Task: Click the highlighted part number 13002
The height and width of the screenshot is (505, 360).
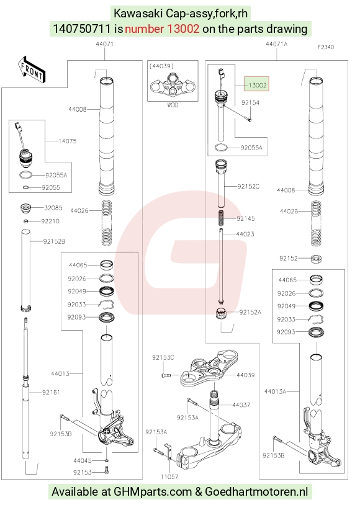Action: coord(257,85)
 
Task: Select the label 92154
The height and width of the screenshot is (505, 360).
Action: coord(250,102)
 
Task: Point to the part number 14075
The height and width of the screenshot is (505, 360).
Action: coord(68,141)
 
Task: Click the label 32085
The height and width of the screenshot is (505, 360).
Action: coord(53,208)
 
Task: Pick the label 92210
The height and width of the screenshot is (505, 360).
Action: coord(50,221)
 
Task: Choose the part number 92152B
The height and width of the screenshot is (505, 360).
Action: coord(54,241)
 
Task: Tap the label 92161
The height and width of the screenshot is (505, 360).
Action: coord(52,392)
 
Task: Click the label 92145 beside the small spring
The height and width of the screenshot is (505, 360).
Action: coord(246,218)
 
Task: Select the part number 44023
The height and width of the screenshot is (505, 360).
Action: coord(245,234)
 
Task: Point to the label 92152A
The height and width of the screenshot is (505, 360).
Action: coord(250,312)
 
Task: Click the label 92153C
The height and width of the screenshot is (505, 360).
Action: coord(163,357)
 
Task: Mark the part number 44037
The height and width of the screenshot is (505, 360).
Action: coord(241,405)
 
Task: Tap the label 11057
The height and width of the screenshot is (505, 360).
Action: coord(169,476)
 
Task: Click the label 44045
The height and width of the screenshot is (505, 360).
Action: coord(83,460)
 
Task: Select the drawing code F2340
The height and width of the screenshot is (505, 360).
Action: coord(326,47)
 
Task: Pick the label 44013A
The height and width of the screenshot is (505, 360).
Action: coord(275,391)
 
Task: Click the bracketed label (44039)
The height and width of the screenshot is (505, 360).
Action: coord(162,66)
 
